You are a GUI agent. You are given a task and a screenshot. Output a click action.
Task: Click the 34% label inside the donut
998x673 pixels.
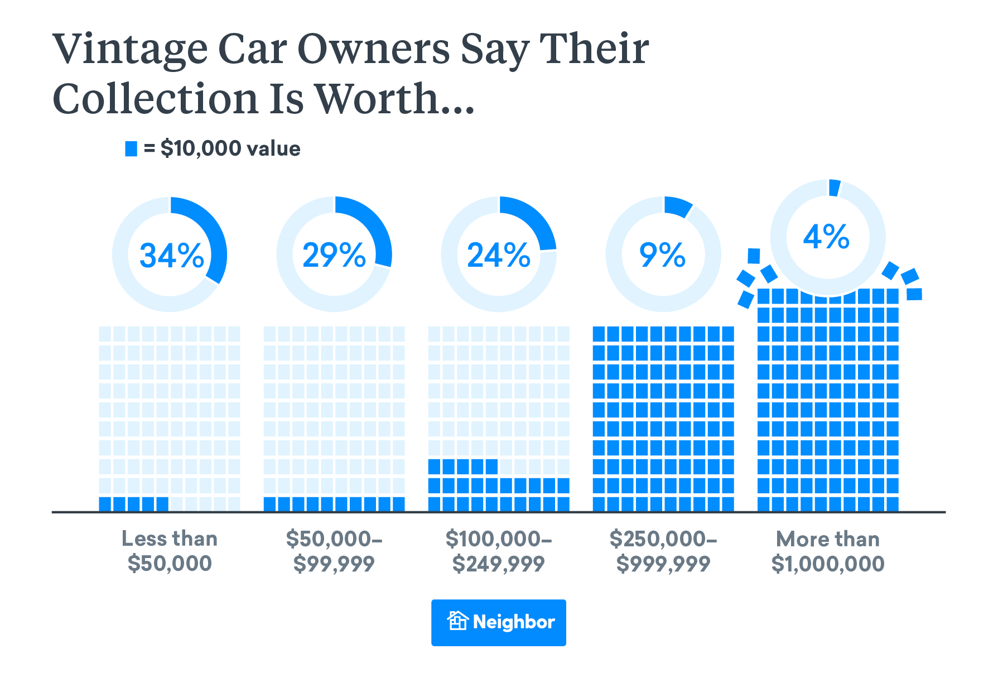click(171, 256)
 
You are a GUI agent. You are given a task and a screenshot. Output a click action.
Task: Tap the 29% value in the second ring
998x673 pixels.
click(334, 256)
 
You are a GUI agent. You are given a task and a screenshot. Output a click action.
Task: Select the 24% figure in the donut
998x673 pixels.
click(499, 256)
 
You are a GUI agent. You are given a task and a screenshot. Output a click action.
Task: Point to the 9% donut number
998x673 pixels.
click(662, 256)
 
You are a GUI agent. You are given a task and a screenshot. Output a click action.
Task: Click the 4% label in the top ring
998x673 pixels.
click(826, 237)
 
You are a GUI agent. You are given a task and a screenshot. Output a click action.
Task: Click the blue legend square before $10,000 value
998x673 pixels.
click(131, 148)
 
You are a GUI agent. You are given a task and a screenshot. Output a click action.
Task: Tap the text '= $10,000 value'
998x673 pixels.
click(222, 148)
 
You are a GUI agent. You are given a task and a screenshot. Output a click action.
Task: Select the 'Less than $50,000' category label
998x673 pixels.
click(170, 551)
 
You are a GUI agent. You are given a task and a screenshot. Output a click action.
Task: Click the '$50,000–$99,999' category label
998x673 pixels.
click(334, 551)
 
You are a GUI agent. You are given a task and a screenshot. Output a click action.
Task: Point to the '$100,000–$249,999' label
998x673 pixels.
click(499, 551)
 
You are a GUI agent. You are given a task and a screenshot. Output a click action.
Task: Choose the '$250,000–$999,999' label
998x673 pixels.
click(663, 551)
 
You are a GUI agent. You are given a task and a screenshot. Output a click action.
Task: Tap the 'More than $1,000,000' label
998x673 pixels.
click(828, 551)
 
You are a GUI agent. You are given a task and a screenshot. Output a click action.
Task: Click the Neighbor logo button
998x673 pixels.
click(499, 622)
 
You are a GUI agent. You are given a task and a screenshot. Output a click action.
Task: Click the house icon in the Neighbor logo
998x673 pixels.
click(457, 621)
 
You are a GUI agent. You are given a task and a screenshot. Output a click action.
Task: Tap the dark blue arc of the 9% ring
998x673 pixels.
click(678, 207)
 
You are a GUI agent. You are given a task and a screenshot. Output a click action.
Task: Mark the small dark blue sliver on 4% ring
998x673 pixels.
click(835, 188)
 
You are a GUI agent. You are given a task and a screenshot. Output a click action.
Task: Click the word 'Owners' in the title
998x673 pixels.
click(373, 49)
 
